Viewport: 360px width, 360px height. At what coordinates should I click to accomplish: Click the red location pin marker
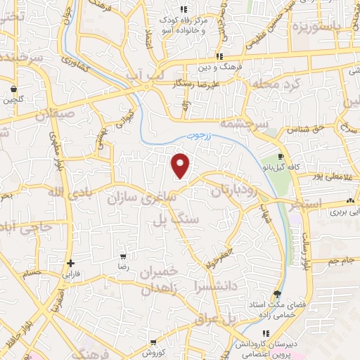[x=181, y=165]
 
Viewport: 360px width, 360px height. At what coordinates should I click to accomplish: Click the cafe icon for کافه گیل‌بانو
[x=281, y=156]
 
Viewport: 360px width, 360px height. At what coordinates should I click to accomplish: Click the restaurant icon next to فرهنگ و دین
[x=219, y=56]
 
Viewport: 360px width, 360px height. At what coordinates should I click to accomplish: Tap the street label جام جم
[x=336, y=261]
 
